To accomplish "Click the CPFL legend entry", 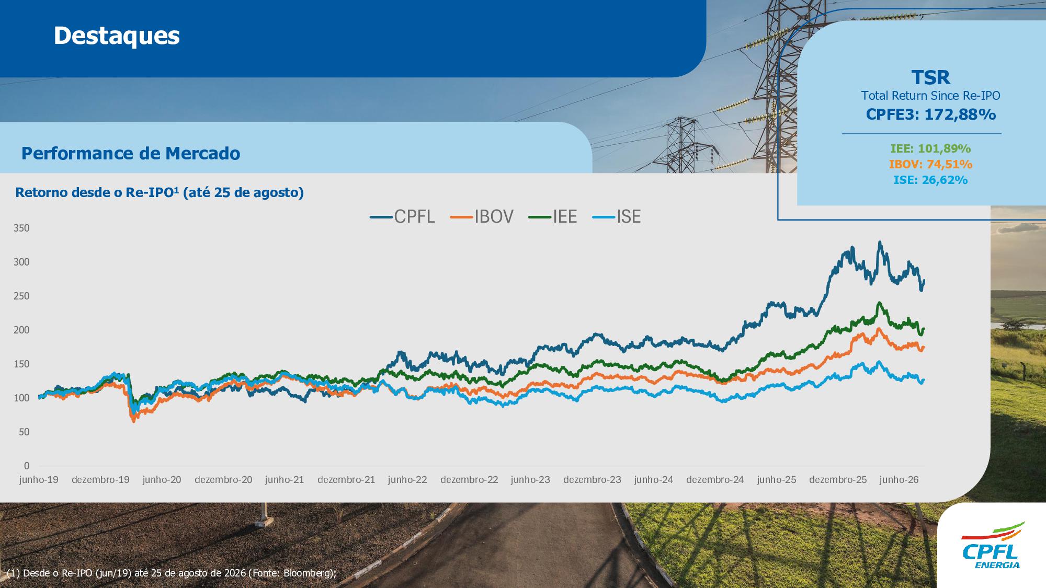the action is point(402,216).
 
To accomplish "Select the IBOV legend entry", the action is point(482,216).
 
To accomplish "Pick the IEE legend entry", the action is point(553,216).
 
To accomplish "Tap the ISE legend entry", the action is point(617,216).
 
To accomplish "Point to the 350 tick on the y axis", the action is point(22,228).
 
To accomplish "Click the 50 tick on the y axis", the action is point(24,432).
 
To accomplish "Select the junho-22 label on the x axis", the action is point(407,479).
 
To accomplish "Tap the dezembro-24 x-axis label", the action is point(715,479).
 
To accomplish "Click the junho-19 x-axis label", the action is point(39,479).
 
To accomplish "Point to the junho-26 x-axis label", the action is point(899,479).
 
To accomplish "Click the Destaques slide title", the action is point(117,36).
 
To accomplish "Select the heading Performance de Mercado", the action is point(131,153).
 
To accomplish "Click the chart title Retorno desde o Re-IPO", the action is point(160,192).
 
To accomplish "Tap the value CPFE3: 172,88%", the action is point(931,114).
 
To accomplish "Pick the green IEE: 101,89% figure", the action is point(931,148).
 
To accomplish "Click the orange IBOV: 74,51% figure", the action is point(931,164).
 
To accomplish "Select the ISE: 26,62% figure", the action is point(931,180).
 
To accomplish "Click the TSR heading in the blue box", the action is point(931,77).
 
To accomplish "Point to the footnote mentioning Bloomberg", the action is point(172,573).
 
